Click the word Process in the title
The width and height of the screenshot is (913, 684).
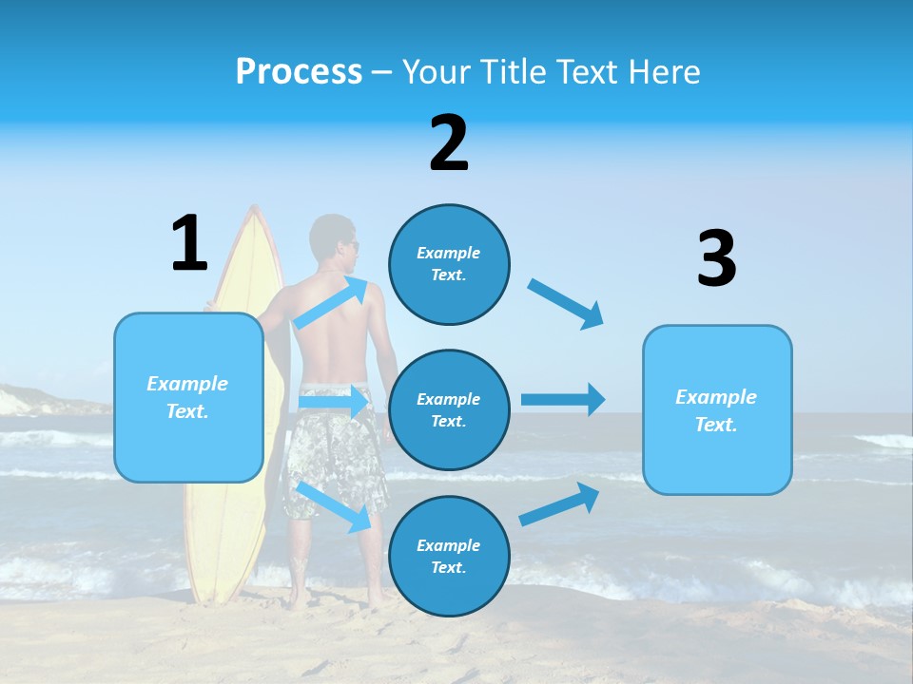(x=299, y=71)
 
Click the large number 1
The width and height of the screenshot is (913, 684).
(x=189, y=243)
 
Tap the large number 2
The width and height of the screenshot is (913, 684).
(x=449, y=143)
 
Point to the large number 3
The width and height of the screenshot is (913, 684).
(x=716, y=258)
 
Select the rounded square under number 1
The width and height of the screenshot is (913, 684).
(x=188, y=397)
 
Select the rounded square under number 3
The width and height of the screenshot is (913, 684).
(x=717, y=409)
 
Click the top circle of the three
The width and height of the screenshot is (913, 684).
(x=449, y=264)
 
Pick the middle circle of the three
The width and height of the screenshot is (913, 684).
(x=449, y=409)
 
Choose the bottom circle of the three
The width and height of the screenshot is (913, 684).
(x=449, y=556)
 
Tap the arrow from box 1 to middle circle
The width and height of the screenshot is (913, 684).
(x=333, y=402)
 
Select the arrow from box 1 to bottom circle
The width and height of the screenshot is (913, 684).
(x=333, y=506)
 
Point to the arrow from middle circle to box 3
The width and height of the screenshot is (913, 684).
(x=563, y=399)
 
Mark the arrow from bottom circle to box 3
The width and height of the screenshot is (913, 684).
(x=559, y=503)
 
